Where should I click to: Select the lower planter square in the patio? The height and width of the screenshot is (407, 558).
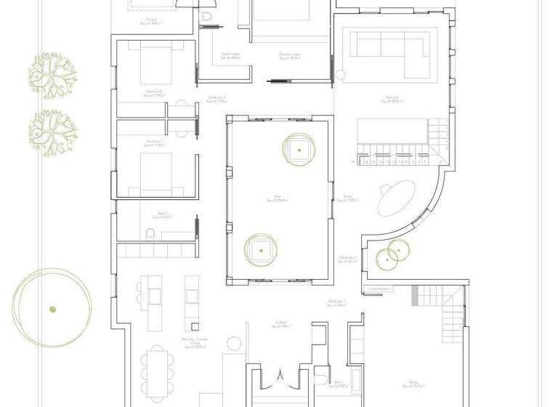pyautogui.click(x=259, y=249)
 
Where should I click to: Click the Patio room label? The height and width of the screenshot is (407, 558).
pyautogui.click(x=277, y=197)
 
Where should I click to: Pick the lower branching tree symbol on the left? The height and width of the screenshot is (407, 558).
pyautogui.click(x=52, y=132)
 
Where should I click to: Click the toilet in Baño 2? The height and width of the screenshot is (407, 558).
pyautogui.click(x=150, y=233)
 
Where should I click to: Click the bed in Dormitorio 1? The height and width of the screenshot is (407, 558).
pyautogui.click(x=155, y=169)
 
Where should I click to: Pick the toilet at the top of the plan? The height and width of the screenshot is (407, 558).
pyautogui.click(x=206, y=16)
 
